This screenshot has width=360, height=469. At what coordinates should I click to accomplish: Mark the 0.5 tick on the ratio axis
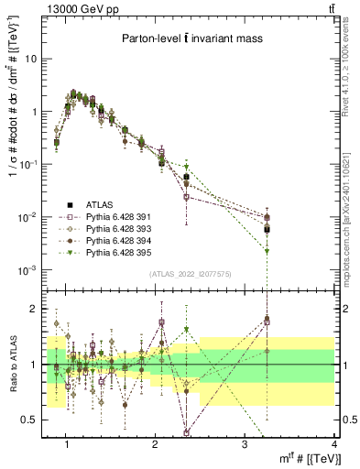31,420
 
